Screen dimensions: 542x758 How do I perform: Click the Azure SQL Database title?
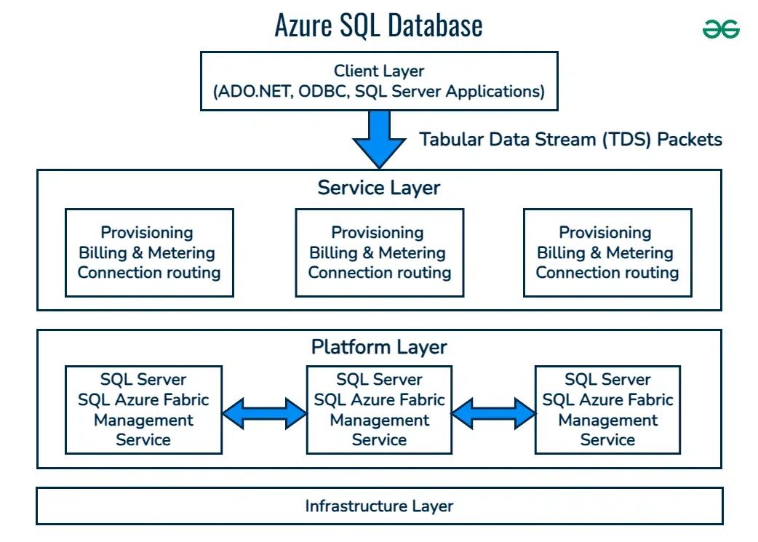point(378,25)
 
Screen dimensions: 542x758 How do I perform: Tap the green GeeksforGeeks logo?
point(721,29)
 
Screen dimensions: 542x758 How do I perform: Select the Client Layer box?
point(378,81)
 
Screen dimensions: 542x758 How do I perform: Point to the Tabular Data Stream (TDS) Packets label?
point(570,140)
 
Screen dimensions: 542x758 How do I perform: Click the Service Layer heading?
point(378,188)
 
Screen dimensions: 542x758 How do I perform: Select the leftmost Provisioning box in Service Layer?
point(149,252)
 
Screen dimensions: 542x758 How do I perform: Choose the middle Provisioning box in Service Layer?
point(379,252)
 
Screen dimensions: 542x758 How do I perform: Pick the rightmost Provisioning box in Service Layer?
point(607,252)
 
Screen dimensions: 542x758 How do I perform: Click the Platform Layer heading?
point(378,347)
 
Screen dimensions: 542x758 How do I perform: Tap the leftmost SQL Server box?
point(143,410)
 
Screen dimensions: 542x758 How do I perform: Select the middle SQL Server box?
point(379,410)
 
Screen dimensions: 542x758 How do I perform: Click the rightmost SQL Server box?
point(607,410)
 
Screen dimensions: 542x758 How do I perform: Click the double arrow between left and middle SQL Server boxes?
point(264,413)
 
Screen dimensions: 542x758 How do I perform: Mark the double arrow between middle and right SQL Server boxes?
point(493,413)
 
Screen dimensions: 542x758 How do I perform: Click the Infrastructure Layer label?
point(378,506)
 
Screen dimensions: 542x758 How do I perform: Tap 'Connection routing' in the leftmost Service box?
point(149,273)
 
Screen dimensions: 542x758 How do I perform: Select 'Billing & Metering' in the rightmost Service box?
point(605,253)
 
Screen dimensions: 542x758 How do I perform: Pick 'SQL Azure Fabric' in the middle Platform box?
point(379,399)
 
